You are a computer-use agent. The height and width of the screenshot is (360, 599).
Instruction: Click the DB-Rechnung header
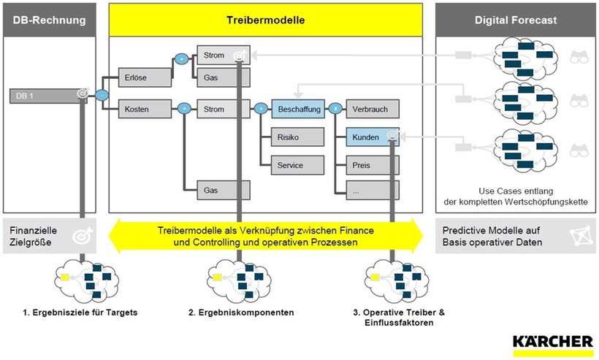[48, 20]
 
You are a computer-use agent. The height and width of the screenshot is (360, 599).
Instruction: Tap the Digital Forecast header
[516, 20]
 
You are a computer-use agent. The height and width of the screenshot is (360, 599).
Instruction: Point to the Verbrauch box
[372, 110]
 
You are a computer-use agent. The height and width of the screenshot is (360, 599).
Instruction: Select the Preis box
[372, 165]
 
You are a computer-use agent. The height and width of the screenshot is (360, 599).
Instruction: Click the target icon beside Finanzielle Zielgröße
[80, 235]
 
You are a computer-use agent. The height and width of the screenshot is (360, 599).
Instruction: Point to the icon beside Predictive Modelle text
[576, 235]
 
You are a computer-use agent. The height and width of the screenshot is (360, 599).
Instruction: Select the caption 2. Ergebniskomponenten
[241, 313]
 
